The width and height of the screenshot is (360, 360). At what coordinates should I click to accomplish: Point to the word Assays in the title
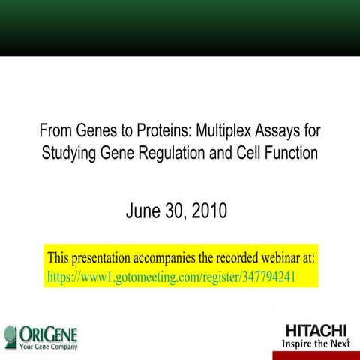[277, 130]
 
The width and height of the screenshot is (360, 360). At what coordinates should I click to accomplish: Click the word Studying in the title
[68, 154]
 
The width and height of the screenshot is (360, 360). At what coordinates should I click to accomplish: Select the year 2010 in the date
[208, 212]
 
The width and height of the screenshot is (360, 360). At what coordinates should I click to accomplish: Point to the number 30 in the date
[175, 212]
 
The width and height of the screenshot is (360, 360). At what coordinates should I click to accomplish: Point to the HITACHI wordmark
[316, 330]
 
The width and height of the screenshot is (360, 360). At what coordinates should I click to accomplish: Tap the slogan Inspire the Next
[315, 343]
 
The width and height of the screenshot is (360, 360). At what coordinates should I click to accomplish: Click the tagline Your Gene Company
[49, 346]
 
